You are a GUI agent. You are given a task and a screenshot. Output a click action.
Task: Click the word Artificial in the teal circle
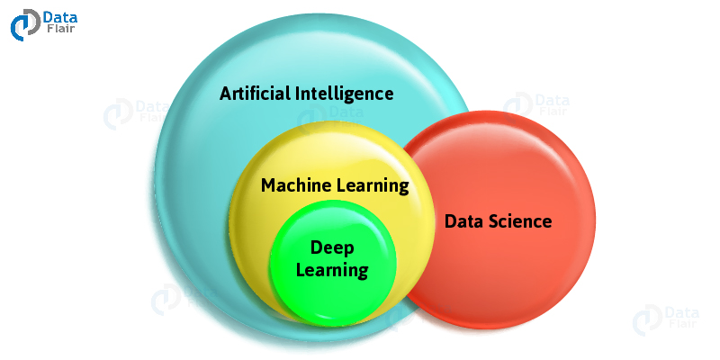[255, 94]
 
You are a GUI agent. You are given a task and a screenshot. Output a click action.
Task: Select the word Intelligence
[345, 94]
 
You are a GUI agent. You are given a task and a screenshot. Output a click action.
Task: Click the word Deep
[332, 249]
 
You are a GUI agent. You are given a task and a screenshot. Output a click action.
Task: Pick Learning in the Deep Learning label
[332, 271]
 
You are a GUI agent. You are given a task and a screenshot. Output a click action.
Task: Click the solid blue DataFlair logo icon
[25, 25]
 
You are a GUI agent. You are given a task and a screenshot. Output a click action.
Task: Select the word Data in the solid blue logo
[60, 18]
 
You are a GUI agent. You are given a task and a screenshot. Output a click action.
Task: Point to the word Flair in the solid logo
[59, 29]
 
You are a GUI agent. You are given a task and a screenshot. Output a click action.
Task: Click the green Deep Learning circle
[332, 263]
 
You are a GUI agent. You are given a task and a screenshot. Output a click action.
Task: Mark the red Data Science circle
[499, 220]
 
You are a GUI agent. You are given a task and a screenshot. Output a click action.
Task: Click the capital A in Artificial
[226, 94]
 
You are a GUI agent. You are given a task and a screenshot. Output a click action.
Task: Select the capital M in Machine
[269, 186]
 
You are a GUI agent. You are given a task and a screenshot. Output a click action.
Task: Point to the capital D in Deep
[317, 248]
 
